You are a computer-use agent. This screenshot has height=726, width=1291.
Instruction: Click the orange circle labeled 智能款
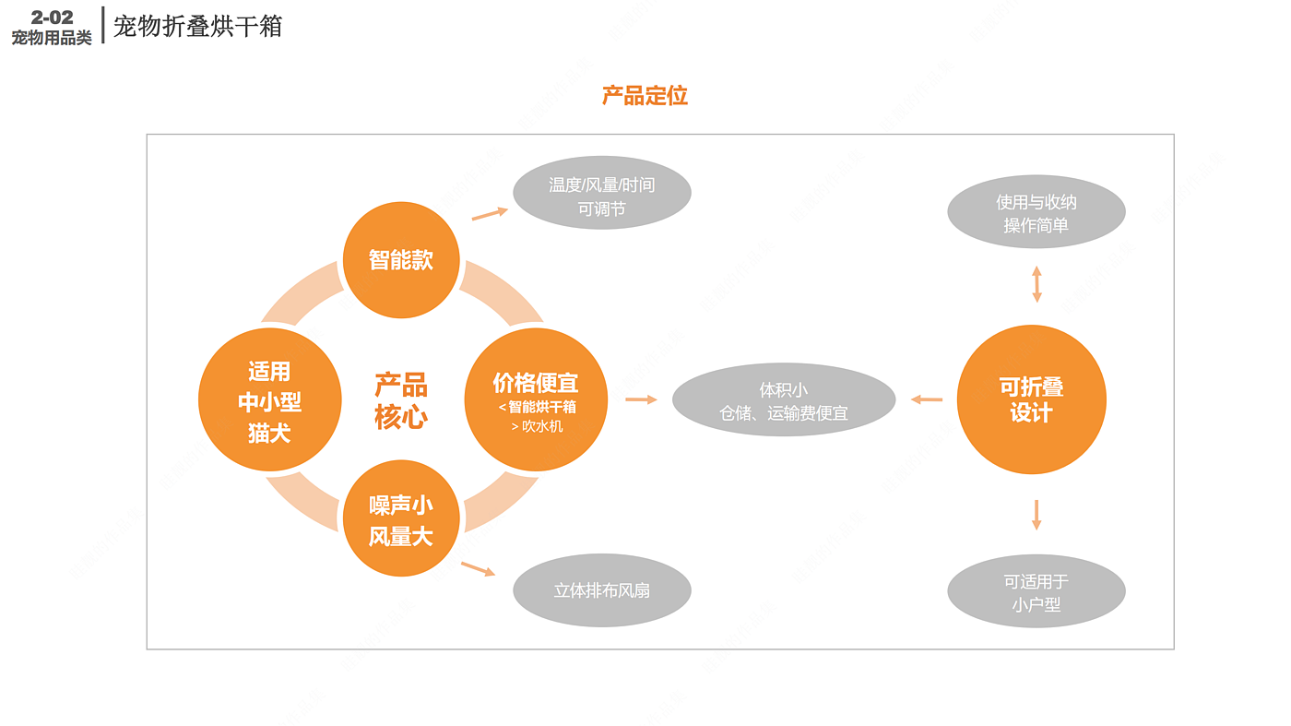(x=401, y=260)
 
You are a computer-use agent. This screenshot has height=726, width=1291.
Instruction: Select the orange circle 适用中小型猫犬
(x=269, y=400)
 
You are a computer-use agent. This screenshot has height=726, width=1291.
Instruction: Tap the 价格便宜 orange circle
(x=536, y=399)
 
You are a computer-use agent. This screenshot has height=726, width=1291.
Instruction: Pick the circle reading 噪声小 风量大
(x=401, y=518)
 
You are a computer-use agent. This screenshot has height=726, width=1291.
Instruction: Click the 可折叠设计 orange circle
(x=1031, y=399)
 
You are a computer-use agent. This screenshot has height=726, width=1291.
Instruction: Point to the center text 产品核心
(x=401, y=400)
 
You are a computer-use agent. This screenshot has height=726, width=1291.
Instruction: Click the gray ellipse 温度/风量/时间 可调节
(x=602, y=196)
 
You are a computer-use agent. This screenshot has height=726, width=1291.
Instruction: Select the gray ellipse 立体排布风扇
(x=602, y=590)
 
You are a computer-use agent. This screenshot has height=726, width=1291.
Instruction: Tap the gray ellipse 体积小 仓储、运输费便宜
(x=784, y=400)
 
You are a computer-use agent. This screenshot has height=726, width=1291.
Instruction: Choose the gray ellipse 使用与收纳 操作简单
(x=1036, y=213)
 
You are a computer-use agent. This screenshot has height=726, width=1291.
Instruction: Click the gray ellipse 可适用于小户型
(x=1036, y=592)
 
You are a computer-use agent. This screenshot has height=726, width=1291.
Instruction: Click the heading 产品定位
(x=645, y=96)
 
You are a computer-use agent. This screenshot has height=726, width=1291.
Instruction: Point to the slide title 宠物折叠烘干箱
(x=197, y=26)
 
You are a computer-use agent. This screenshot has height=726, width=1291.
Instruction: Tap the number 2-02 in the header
(x=52, y=17)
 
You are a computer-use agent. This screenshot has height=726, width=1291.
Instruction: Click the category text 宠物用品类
(x=52, y=38)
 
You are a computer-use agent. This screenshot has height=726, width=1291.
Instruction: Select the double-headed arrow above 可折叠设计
(x=1036, y=284)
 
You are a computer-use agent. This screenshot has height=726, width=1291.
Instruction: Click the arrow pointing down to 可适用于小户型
(x=1036, y=515)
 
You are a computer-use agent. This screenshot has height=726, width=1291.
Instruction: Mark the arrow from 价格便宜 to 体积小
(x=641, y=399)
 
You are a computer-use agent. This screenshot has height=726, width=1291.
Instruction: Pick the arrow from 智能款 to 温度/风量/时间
(x=490, y=213)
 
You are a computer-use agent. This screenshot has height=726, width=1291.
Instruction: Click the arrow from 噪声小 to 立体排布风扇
(x=478, y=568)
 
